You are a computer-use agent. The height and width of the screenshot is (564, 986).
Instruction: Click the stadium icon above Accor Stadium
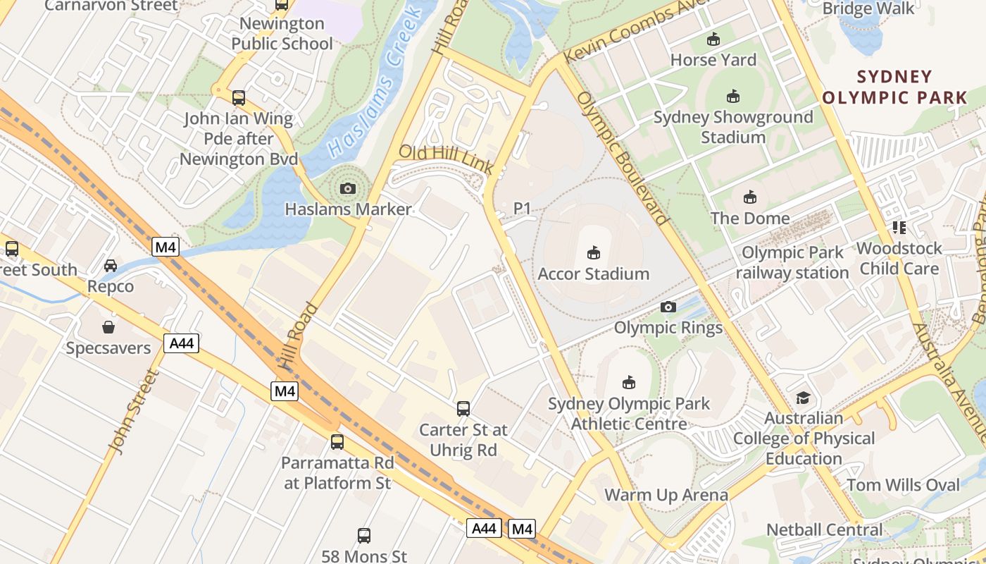click(x=593, y=252)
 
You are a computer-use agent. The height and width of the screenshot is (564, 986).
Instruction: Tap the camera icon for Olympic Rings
click(x=668, y=307)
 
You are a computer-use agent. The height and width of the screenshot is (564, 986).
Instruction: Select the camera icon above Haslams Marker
click(x=347, y=188)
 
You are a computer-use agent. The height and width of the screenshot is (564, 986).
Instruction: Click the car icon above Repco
click(x=111, y=266)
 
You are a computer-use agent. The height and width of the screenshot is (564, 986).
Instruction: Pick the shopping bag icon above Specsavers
click(x=108, y=327)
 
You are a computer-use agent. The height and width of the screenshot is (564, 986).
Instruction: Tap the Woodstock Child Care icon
click(x=899, y=227)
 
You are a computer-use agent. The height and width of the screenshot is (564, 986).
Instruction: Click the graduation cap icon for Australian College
click(x=803, y=398)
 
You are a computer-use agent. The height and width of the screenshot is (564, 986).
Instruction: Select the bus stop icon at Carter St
click(x=463, y=408)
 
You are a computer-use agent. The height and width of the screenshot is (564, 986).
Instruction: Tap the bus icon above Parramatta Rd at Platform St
click(x=337, y=442)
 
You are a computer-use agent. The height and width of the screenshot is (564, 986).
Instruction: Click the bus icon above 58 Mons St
click(x=363, y=535)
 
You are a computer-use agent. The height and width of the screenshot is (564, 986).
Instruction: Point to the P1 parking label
click(x=522, y=208)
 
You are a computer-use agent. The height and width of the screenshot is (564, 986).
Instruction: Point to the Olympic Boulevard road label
click(x=623, y=159)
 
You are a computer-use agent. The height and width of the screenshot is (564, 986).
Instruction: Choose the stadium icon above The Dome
click(x=749, y=197)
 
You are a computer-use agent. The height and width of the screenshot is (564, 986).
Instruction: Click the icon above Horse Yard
click(x=713, y=39)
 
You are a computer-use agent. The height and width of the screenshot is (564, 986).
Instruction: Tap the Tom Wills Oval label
click(x=903, y=485)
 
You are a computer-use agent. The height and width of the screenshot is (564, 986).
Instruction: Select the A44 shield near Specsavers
click(x=181, y=343)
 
